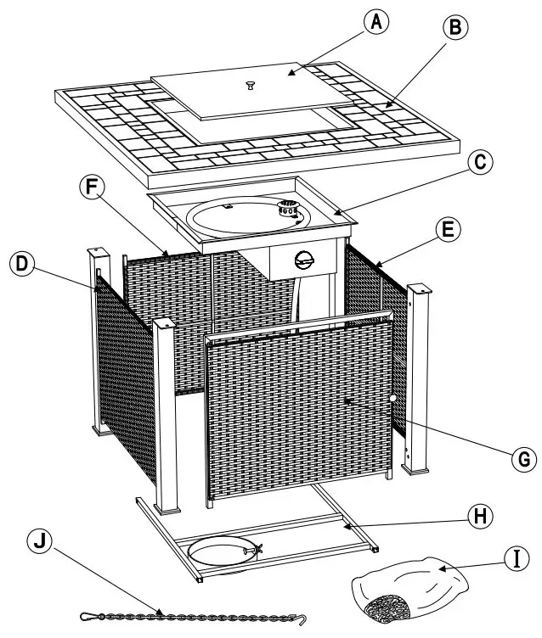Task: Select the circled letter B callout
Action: pos(456,29)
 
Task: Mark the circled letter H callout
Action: pos(480,514)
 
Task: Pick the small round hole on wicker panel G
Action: pos(393,399)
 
